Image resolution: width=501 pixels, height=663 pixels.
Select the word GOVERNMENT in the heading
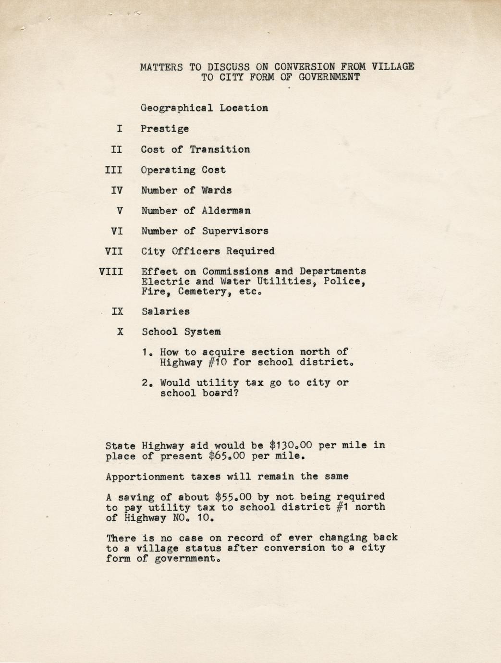tap(329, 77)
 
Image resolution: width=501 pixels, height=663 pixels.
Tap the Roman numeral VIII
tap(111, 271)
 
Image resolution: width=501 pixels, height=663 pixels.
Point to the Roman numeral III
tap(114, 170)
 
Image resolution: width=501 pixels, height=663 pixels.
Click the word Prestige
tap(165, 129)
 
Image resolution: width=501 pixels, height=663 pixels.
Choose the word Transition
tap(220, 149)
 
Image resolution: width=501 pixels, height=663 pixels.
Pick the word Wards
tap(217, 190)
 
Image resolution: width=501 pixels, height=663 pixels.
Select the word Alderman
tap(226, 210)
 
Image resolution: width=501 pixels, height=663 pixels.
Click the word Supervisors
tap(235, 231)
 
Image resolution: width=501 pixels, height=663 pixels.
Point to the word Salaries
tap(166, 311)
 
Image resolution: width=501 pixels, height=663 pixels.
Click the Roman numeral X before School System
tap(120, 331)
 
